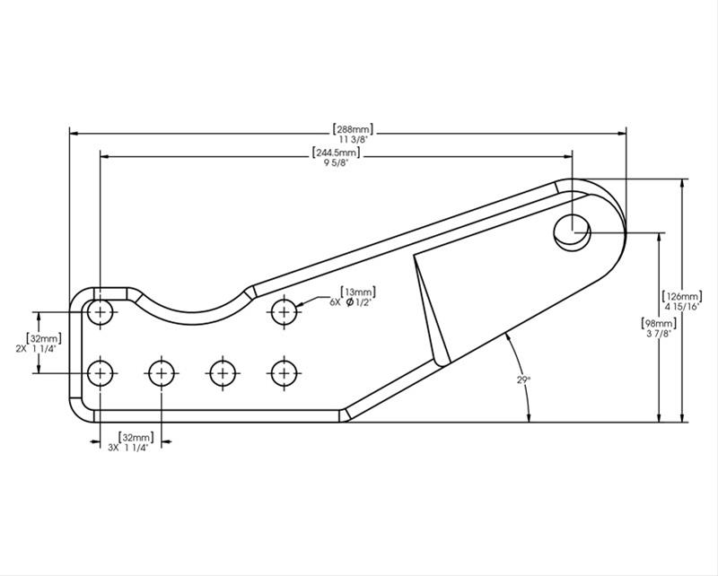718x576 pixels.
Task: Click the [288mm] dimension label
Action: point(352,128)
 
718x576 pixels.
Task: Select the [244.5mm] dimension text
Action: point(331,153)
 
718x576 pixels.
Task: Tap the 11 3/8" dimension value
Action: point(352,139)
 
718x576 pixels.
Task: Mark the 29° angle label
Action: point(523,380)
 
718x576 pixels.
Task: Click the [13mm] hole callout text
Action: point(357,292)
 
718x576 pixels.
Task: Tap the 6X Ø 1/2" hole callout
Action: point(352,302)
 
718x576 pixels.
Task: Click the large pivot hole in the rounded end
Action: point(572,231)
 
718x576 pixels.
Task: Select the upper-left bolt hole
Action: point(101,313)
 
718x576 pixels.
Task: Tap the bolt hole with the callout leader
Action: point(285,311)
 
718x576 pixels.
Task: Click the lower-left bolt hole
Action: point(101,371)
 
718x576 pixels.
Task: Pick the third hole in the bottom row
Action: point(223,371)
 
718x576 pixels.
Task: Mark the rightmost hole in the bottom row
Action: point(285,371)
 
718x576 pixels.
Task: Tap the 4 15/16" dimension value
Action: point(682,306)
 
